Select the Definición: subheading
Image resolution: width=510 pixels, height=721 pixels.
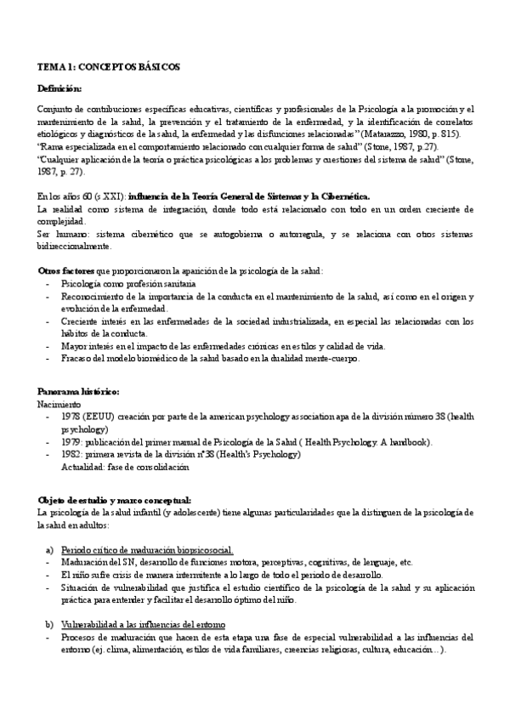pyautogui.click(x=60, y=88)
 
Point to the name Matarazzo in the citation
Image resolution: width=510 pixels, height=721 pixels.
pyautogui.click(x=383, y=134)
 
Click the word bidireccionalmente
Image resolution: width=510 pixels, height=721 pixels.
pyautogui.click(x=75, y=247)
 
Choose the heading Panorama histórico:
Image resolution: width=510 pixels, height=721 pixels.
pyautogui.click(x=77, y=391)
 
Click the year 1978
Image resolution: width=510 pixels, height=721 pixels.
pyautogui.click(x=71, y=417)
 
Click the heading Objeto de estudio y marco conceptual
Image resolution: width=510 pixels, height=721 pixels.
pyautogui.click(x=115, y=499)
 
